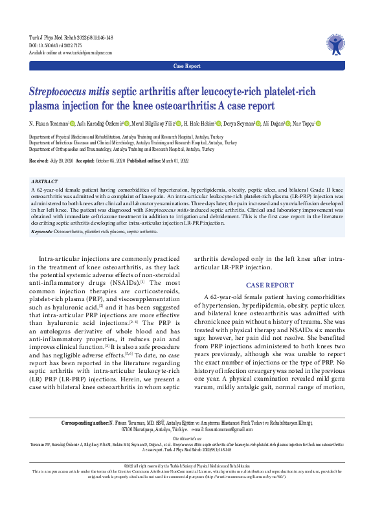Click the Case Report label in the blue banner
pyautogui.click(x=187, y=66)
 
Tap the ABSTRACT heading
pyautogui.click(x=44, y=182)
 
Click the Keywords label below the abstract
pyautogui.click(x=42, y=230)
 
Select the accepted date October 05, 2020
pyautogui.click(x=122, y=159)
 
